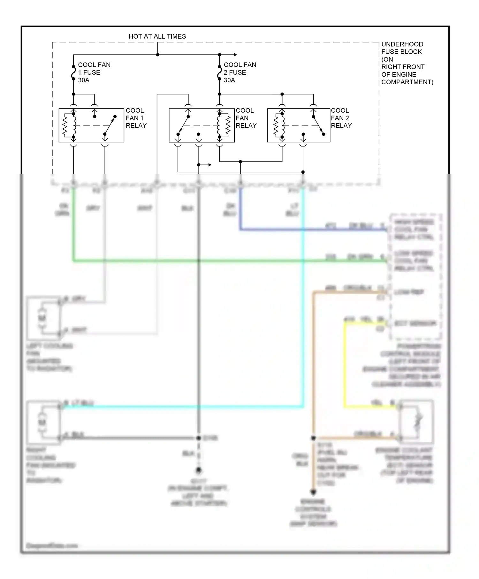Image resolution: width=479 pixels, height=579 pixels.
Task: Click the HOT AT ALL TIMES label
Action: click(x=157, y=36)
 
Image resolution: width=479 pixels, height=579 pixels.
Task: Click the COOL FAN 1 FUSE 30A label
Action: click(x=94, y=72)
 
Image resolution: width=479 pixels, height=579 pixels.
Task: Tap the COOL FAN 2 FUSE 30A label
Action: click(x=240, y=72)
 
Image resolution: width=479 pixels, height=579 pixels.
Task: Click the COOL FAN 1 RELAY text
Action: click(x=136, y=118)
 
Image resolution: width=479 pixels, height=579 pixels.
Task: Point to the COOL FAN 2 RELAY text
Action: click(x=341, y=118)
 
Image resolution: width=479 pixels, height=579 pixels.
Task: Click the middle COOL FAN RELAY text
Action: click(x=246, y=118)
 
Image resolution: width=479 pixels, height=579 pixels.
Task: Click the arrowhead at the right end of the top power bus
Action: click(x=235, y=55)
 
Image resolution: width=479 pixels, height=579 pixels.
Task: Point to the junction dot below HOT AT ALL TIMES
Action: click(x=157, y=55)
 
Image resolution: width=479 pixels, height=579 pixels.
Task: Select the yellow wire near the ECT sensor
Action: click(x=345, y=367)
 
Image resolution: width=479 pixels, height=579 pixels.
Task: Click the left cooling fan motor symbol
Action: click(x=42, y=318)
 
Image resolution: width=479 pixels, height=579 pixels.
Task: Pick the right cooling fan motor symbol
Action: click(x=42, y=422)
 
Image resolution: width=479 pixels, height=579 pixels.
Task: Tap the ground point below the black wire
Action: click(x=199, y=470)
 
